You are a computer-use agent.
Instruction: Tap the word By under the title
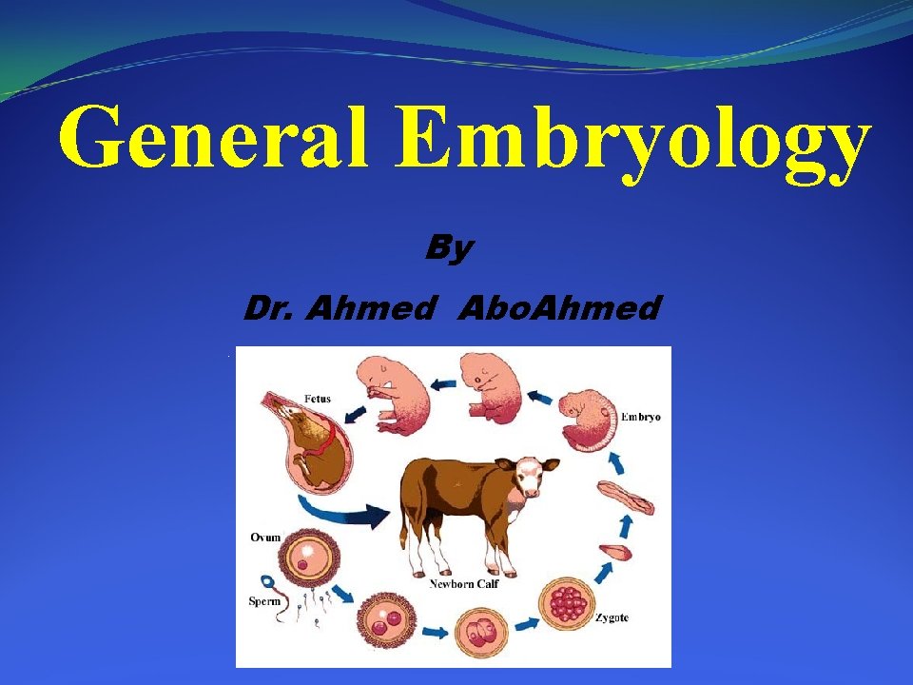click(x=449, y=248)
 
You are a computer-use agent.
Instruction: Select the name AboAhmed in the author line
click(x=558, y=308)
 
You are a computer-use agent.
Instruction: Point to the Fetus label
click(x=318, y=399)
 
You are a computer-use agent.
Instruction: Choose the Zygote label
click(x=612, y=618)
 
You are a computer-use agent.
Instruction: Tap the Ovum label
click(x=265, y=538)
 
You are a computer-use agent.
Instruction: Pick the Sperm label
click(x=263, y=600)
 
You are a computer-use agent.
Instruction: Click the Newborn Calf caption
click(x=464, y=583)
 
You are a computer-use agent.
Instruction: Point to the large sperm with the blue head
click(x=269, y=582)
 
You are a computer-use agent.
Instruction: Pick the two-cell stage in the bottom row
click(x=384, y=626)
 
